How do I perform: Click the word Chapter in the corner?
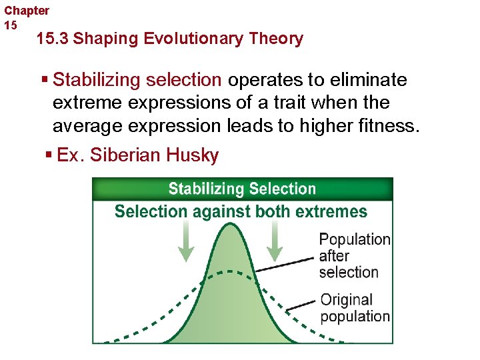[27, 11]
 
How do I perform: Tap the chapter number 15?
[11, 25]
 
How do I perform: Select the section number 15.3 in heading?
[53, 39]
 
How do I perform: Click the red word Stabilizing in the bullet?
[97, 81]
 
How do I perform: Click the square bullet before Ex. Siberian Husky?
[49, 155]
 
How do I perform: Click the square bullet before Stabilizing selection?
[45, 81]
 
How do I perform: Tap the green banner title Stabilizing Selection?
[242, 189]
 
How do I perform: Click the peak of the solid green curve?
[231, 225]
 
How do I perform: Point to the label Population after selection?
[354, 255]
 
